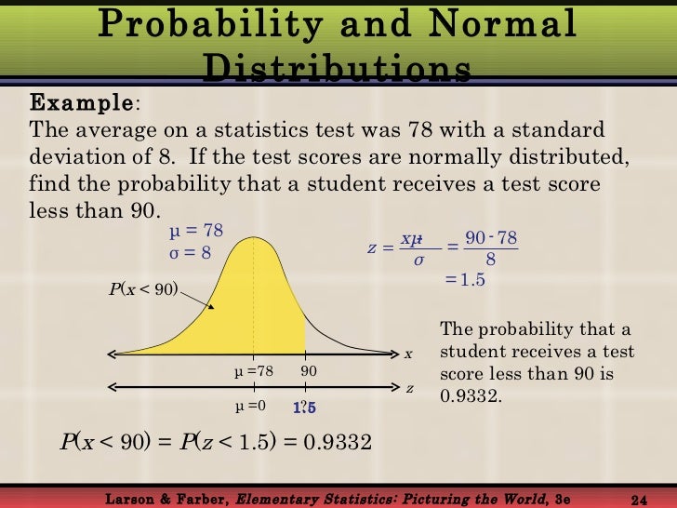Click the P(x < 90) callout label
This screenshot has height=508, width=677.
pos(143,288)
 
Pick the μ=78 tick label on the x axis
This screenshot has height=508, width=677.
pos(253,371)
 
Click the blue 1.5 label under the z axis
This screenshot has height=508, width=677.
pos(305,408)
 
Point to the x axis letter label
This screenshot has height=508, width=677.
pos(407,354)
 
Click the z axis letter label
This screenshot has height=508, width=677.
pos(410,387)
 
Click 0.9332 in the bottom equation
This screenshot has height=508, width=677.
pos(335,441)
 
